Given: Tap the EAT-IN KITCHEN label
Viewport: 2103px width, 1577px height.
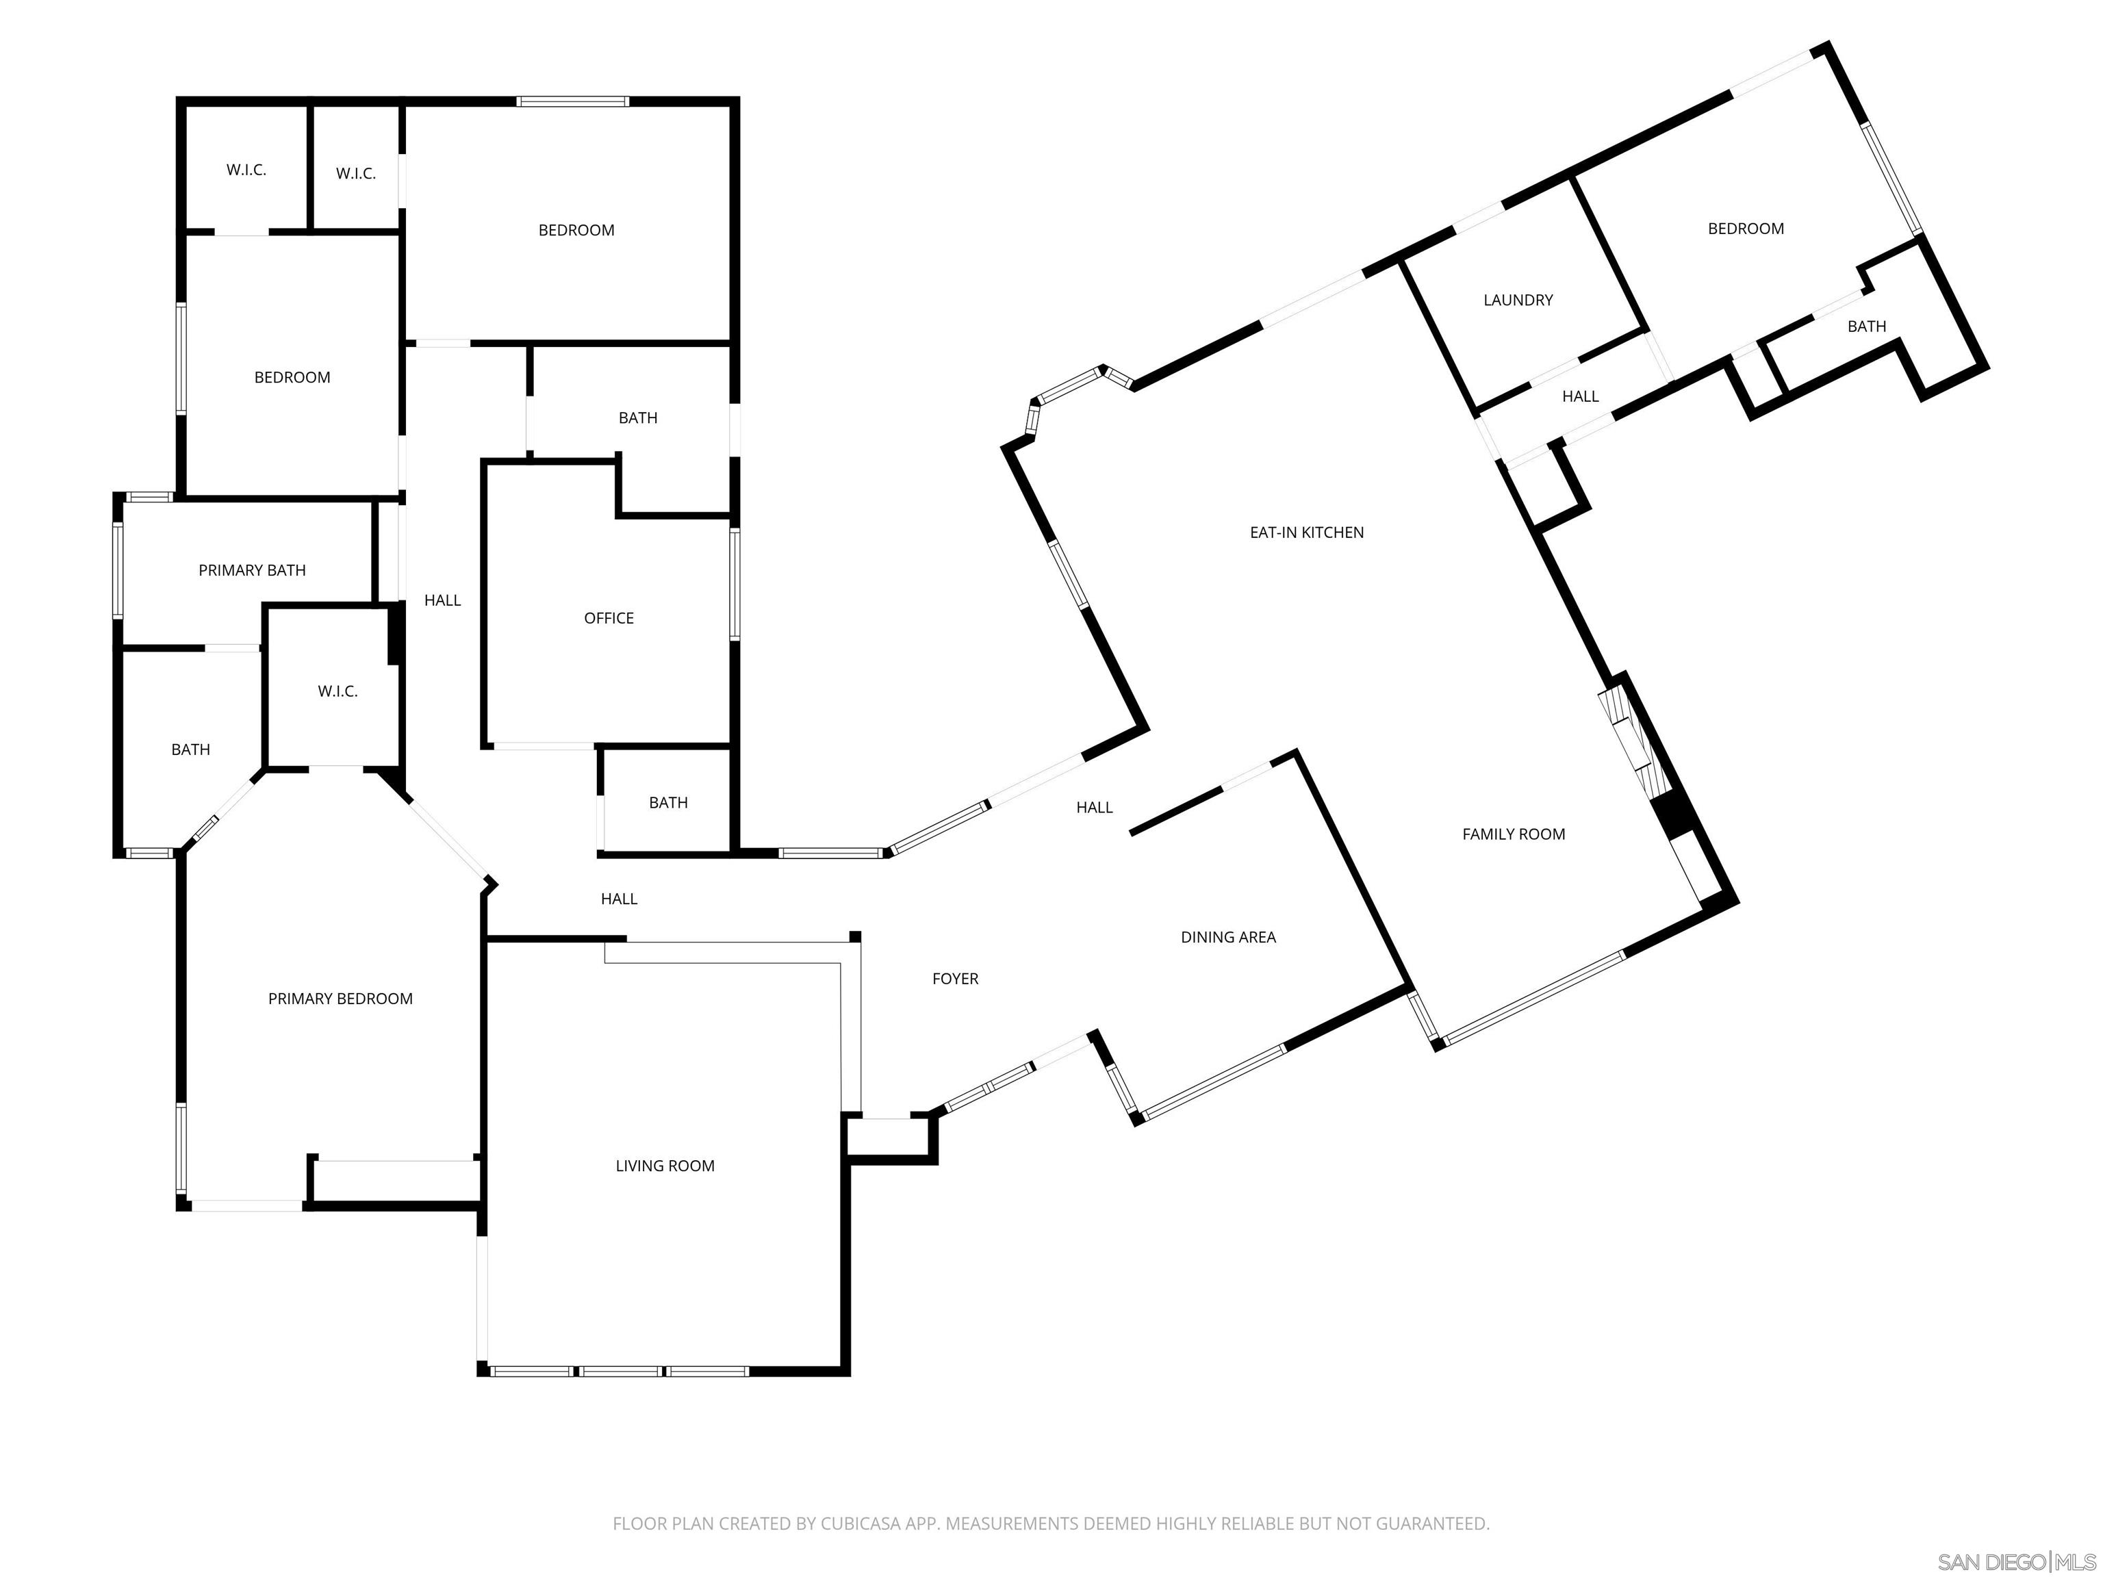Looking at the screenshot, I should pos(1306,533).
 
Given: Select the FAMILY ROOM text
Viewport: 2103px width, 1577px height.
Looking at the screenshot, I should pos(1513,834).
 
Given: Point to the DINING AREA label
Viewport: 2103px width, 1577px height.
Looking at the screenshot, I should pos(1227,937).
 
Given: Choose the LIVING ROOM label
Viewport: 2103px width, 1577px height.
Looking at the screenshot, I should pos(665,1166).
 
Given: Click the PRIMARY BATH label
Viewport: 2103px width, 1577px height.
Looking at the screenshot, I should pos(252,570).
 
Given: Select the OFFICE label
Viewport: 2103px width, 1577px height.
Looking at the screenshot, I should pos(609,619).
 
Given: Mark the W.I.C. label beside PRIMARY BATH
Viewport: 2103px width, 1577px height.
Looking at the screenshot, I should pos(337,692).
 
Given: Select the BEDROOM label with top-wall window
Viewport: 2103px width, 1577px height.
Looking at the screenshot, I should pos(576,231).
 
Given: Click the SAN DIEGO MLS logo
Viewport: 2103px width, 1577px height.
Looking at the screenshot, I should pos(2015,1562).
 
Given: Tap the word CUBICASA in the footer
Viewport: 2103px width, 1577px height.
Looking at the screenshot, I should pos(856,1524).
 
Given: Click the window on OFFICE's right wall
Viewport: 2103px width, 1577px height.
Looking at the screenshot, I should pos(734,584).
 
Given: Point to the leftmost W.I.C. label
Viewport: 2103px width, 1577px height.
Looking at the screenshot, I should pos(246,170).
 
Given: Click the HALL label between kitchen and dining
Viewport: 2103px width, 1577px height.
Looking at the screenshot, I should pos(1093,808).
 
